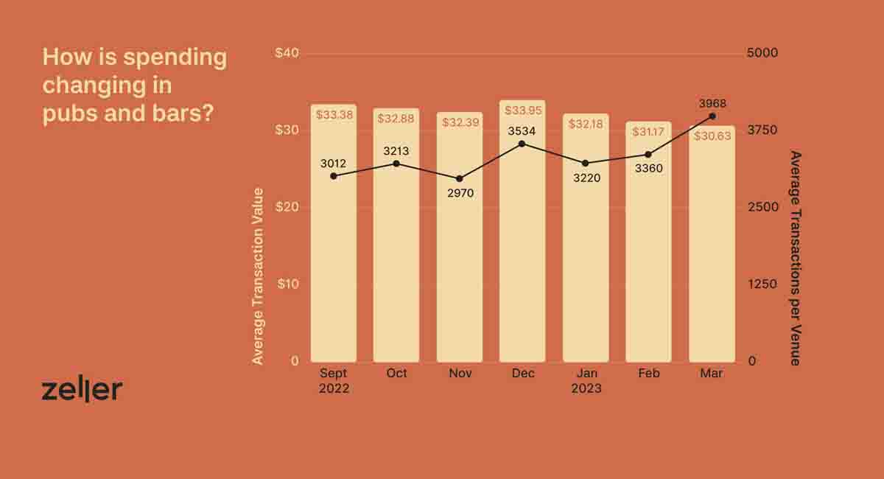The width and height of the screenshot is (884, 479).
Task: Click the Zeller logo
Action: (82, 391)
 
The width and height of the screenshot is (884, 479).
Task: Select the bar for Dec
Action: (522, 243)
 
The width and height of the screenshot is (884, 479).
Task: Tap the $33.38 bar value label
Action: (334, 115)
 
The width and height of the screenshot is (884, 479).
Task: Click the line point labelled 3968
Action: (712, 116)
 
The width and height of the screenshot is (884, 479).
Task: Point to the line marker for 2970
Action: (460, 179)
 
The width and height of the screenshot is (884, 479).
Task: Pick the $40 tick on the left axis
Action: (287, 53)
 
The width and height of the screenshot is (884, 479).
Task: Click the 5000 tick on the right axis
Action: (762, 53)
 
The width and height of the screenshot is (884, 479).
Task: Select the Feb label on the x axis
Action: (649, 373)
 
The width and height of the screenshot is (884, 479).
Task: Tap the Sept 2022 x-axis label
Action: (334, 380)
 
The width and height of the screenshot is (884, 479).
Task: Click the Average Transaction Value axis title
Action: (258, 276)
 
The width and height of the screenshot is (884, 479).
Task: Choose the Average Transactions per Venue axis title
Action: (795, 258)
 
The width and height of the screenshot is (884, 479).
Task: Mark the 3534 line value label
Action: (522, 131)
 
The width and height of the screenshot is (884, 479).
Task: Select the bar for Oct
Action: (396, 243)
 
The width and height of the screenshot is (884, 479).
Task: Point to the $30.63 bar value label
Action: (712, 136)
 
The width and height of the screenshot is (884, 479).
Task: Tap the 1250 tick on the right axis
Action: (762, 284)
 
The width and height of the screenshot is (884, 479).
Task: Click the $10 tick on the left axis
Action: (287, 284)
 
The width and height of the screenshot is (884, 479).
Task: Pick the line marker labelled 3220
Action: (586, 163)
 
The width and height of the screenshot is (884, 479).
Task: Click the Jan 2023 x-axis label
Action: (586, 380)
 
